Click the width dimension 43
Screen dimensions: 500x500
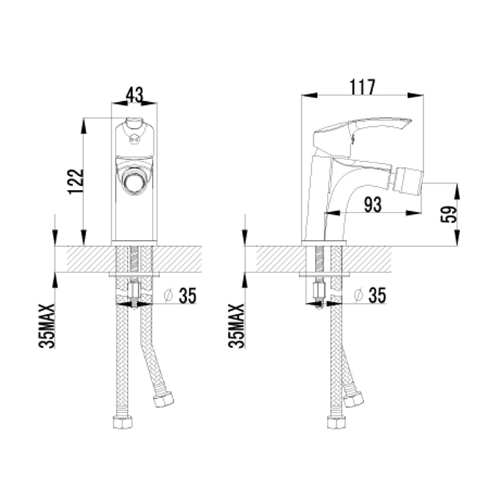pyautogui.click(x=134, y=95)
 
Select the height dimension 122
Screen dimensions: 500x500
pyautogui.click(x=76, y=181)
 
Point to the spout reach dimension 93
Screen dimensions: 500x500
pyautogui.click(x=372, y=204)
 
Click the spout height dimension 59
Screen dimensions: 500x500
pyautogui.click(x=449, y=214)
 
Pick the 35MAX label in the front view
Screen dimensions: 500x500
pyautogui.click(x=46, y=326)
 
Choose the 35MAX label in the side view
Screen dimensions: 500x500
pyautogui.click(x=236, y=326)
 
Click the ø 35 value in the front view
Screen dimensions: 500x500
pyautogui.click(x=187, y=296)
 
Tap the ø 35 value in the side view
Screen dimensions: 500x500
pyautogui.click(x=377, y=295)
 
